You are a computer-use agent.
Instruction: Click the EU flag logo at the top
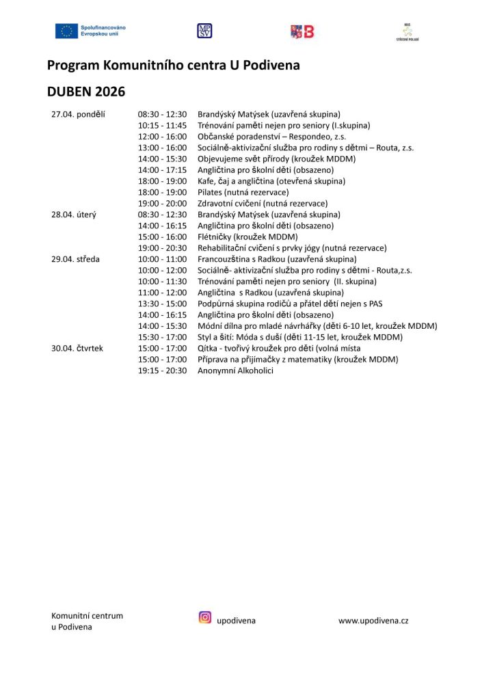click(x=67, y=30)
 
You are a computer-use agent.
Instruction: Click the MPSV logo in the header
click(x=204, y=30)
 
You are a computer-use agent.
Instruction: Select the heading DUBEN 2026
click(x=86, y=91)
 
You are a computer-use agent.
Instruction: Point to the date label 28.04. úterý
click(x=74, y=215)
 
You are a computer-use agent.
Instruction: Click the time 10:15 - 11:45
click(x=162, y=125)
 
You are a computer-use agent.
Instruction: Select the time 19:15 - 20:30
click(x=162, y=371)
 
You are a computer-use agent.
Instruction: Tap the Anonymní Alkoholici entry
click(x=235, y=371)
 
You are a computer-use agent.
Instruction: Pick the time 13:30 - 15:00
click(x=162, y=304)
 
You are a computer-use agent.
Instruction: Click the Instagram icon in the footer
click(x=205, y=617)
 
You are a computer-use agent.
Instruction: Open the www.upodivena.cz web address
click(x=373, y=621)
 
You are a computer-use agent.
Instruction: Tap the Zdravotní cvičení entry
click(x=263, y=203)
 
